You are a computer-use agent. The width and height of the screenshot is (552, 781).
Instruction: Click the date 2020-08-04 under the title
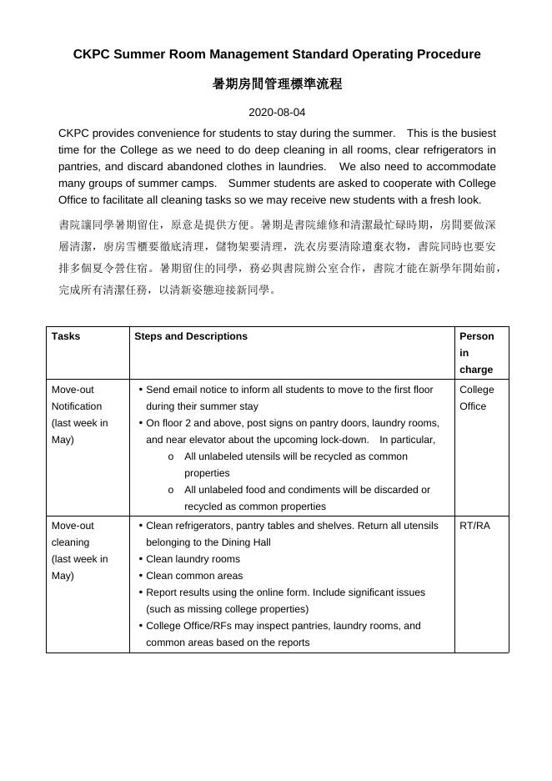276,112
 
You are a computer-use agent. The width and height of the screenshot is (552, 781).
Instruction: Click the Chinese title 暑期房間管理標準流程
276,84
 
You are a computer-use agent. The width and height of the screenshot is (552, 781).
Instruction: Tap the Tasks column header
66,336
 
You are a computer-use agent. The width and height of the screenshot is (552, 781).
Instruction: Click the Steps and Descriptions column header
191,336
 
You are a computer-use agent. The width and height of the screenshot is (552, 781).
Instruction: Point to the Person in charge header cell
476,352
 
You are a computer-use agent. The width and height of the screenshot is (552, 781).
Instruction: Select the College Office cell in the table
476,398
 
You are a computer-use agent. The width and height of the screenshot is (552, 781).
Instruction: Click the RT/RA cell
474,526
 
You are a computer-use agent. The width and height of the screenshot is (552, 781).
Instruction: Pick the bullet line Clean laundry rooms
193,559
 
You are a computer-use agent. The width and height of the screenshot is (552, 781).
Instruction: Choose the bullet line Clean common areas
194,576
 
